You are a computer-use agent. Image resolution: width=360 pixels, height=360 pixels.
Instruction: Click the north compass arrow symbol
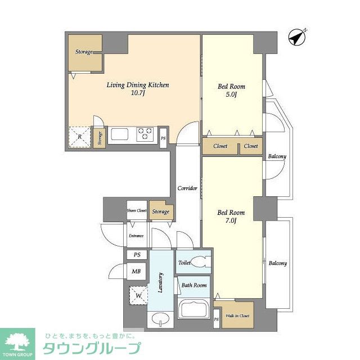pyautogui.click(x=296, y=38)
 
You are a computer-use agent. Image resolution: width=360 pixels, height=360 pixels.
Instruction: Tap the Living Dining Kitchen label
pyautogui.click(x=138, y=85)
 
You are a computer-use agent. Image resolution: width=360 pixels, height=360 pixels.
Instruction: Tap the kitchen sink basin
pyautogui.click(x=120, y=134)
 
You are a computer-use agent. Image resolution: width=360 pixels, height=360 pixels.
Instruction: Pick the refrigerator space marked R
pyautogui.click(x=79, y=136)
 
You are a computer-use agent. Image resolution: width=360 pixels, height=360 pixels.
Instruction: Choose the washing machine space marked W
pyautogui.click(x=137, y=294)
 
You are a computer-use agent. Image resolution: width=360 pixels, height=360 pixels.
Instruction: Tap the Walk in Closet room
pyautogui.click(x=236, y=315)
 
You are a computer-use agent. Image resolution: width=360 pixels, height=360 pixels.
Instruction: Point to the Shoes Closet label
pyautogui.click(x=137, y=211)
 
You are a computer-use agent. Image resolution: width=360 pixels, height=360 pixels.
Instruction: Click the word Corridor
pyautogui.click(x=187, y=188)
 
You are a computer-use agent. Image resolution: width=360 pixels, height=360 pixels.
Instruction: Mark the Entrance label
pyautogui.click(x=136, y=236)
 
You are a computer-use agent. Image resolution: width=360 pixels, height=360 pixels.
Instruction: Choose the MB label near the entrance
pyautogui.click(x=136, y=272)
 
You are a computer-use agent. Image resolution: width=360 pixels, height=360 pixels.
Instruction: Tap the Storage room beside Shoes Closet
pyautogui.click(x=161, y=211)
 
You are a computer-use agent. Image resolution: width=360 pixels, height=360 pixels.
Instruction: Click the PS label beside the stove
pyautogui.click(x=163, y=138)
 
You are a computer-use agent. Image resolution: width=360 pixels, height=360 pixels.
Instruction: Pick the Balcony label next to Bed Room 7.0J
pyautogui.click(x=277, y=263)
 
